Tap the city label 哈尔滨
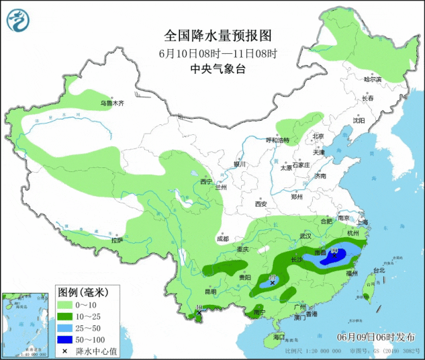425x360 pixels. tap(373, 79)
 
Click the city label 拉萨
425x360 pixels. tap(117, 241)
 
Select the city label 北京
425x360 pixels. tap(319, 137)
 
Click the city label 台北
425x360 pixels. tap(379, 270)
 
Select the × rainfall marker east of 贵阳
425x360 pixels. tap(272, 282)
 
